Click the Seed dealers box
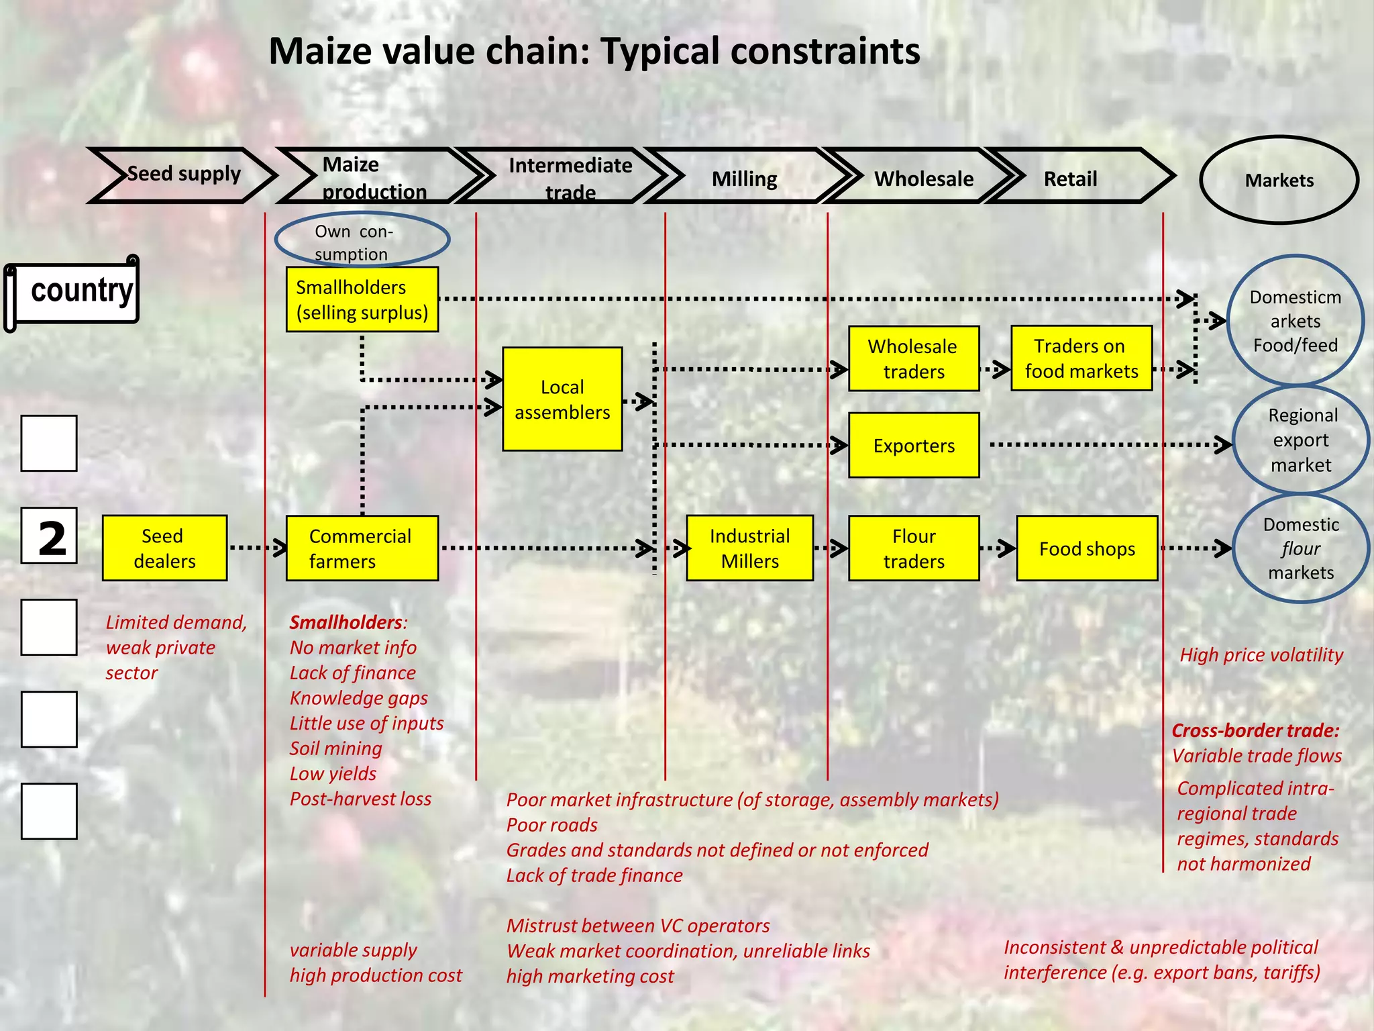point(164,548)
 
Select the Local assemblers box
point(562,399)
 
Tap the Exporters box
point(913,445)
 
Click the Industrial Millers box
point(749,548)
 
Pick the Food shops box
point(1086,548)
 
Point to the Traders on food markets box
point(1081,358)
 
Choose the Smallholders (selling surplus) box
point(362,299)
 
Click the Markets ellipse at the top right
point(1279,180)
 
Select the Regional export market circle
point(1300,440)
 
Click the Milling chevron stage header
point(744,179)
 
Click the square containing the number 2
point(49,536)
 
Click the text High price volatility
point(1261,654)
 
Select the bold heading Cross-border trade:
point(1255,730)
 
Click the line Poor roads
point(551,825)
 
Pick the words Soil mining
point(335,748)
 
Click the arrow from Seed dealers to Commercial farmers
point(256,548)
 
